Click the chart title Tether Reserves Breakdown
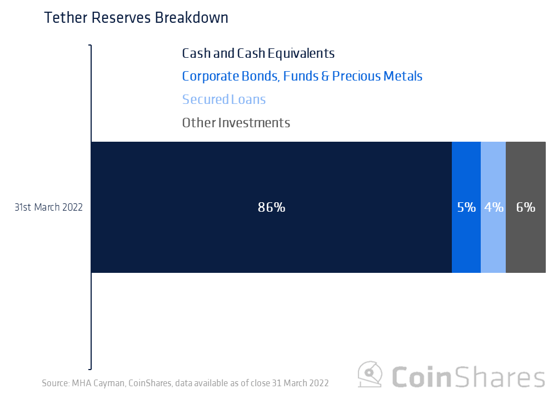pos(136,18)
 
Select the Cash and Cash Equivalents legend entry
pos(258,53)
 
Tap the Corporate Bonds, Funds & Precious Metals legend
pos(302,76)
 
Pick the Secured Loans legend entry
pos(223,99)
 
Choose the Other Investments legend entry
pos(236,123)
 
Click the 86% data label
pos(271,207)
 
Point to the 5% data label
pos(466,207)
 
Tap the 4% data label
pos(494,207)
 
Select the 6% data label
pos(525,207)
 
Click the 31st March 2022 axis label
pos(48,207)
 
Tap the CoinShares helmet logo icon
pos(370,375)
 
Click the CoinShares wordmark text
pos(469,376)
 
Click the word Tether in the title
pos(62,18)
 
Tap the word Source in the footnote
pos(54,383)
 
